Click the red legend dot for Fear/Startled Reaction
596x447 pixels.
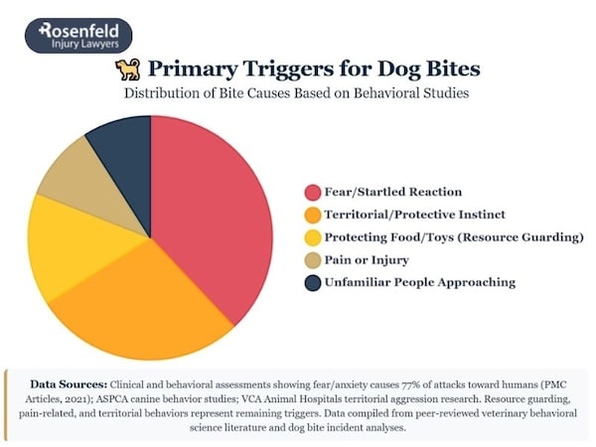pyautogui.click(x=312, y=192)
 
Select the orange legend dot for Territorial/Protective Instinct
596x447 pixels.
pyautogui.click(x=312, y=215)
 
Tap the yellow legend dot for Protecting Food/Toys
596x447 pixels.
pyautogui.click(x=312, y=237)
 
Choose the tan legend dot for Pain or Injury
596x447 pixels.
pyautogui.click(x=312, y=260)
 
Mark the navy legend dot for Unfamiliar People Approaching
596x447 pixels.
pyautogui.click(x=312, y=283)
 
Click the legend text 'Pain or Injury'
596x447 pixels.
pyautogui.click(x=369, y=260)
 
